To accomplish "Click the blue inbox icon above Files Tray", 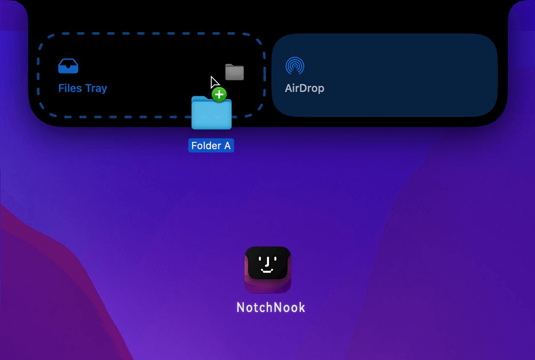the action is pos(68,66).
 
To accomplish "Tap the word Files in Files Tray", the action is pos(70,88).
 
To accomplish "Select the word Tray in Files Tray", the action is pos(96,89).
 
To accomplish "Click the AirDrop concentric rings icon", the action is pos(295,65).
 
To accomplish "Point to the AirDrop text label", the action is pos(305,88).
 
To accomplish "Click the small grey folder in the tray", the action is pos(235,72).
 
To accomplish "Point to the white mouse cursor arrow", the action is pos(215,82).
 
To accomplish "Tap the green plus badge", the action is pos(219,95).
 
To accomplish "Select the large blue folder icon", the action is pos(211,113).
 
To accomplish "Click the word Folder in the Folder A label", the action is pos(206,146).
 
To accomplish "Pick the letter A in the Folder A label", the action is pos(227,146).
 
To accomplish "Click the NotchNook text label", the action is pos(271,308).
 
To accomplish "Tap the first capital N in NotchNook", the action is pos(241,308).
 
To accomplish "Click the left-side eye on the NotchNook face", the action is pos(260,259).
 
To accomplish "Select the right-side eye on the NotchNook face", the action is pos(275,259).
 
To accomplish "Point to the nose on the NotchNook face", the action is pos(268,262).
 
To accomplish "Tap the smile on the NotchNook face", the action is pos(267,270).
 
